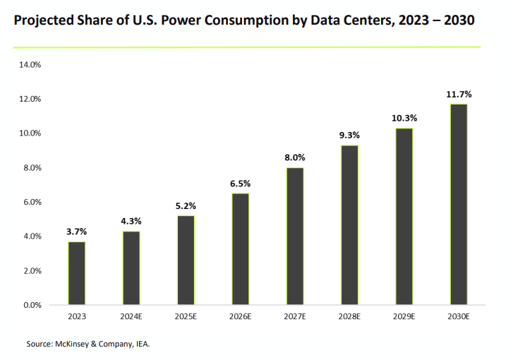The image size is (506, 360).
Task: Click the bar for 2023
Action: (x=77, y=273)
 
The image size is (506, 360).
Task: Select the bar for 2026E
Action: (x=240, y=249)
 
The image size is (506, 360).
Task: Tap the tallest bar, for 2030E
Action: (x=459, y=205)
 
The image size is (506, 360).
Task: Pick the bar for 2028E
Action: (x=349, y=225)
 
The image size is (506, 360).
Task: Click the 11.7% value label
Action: (x=459, y=94)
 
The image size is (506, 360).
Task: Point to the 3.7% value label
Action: (x=77, y=232)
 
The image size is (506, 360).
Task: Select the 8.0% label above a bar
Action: (x=295, y=157)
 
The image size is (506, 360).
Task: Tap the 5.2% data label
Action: (x=186, y=205)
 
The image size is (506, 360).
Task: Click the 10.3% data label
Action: (x=404, y=118)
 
